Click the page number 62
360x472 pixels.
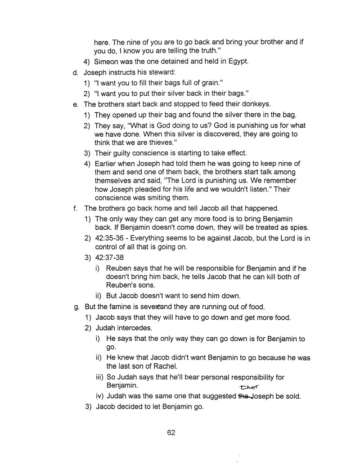(x=171, y=432)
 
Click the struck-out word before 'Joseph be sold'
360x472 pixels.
(x=243, y=396)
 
